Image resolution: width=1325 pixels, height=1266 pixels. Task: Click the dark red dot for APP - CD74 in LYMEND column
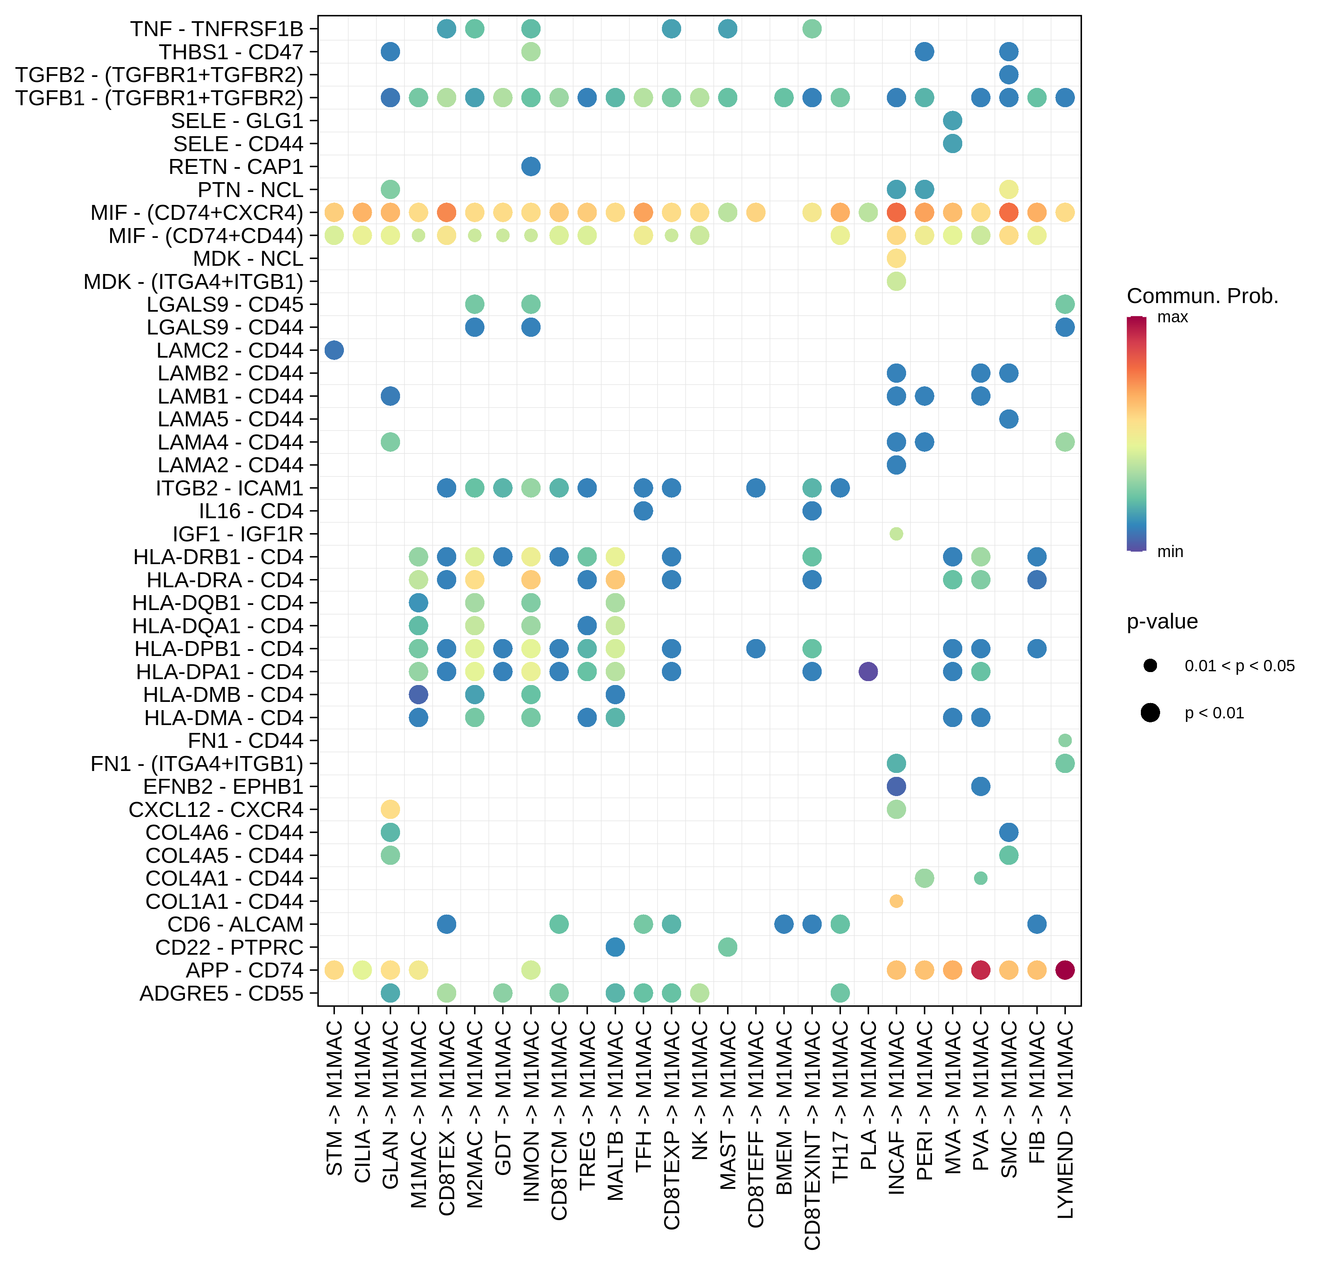click(x=1064, y=970)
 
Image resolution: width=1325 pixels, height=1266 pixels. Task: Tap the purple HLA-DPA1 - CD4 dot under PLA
click(x=868, y=671)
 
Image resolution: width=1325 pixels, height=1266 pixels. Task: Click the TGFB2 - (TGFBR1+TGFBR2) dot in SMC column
click(x=1009, y=74)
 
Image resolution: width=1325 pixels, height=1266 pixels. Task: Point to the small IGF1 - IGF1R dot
click(x=896, y=534)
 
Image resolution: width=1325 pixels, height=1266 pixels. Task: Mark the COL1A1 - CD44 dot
click(x=896, y=901)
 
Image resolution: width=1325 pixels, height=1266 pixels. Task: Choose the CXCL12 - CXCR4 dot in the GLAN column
click(x=390, y=809)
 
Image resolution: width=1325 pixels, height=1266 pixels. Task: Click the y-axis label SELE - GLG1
click(x=237, y=121)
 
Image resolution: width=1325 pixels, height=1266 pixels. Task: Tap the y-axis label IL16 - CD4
click(x=251, y=511)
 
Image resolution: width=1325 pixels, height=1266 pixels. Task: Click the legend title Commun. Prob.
click(x=1202, y=296)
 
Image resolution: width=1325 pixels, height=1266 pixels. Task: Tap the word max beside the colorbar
click(x=1172, y=317)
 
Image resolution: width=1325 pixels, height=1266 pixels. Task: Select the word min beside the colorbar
click(x=1170, y=551)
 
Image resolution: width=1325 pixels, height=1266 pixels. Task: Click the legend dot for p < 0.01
click(x=1150, y=712)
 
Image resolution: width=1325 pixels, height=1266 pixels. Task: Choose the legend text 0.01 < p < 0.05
click(x=1239, y=666)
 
